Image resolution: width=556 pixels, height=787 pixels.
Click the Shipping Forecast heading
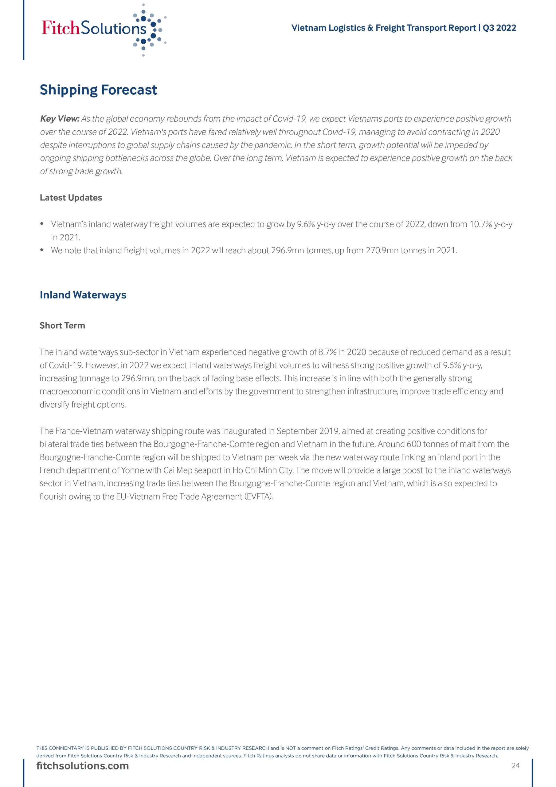coord(98,90)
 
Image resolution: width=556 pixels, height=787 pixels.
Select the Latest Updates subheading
coord(71,198)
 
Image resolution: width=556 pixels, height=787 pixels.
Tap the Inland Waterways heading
coord(83,295)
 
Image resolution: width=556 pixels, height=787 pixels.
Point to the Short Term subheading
coord(62,325)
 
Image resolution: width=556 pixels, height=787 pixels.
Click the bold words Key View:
coord(60,119)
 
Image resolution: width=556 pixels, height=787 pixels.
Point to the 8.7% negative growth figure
coord(327,352)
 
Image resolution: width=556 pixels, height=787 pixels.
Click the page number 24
coord(515,765)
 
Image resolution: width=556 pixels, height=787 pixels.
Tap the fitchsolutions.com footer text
coord(83,766)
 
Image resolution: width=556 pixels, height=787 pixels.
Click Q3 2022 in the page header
coord(499,28)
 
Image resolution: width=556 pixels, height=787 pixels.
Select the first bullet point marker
coord(42,224)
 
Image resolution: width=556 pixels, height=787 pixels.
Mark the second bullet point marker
coord(42,250)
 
